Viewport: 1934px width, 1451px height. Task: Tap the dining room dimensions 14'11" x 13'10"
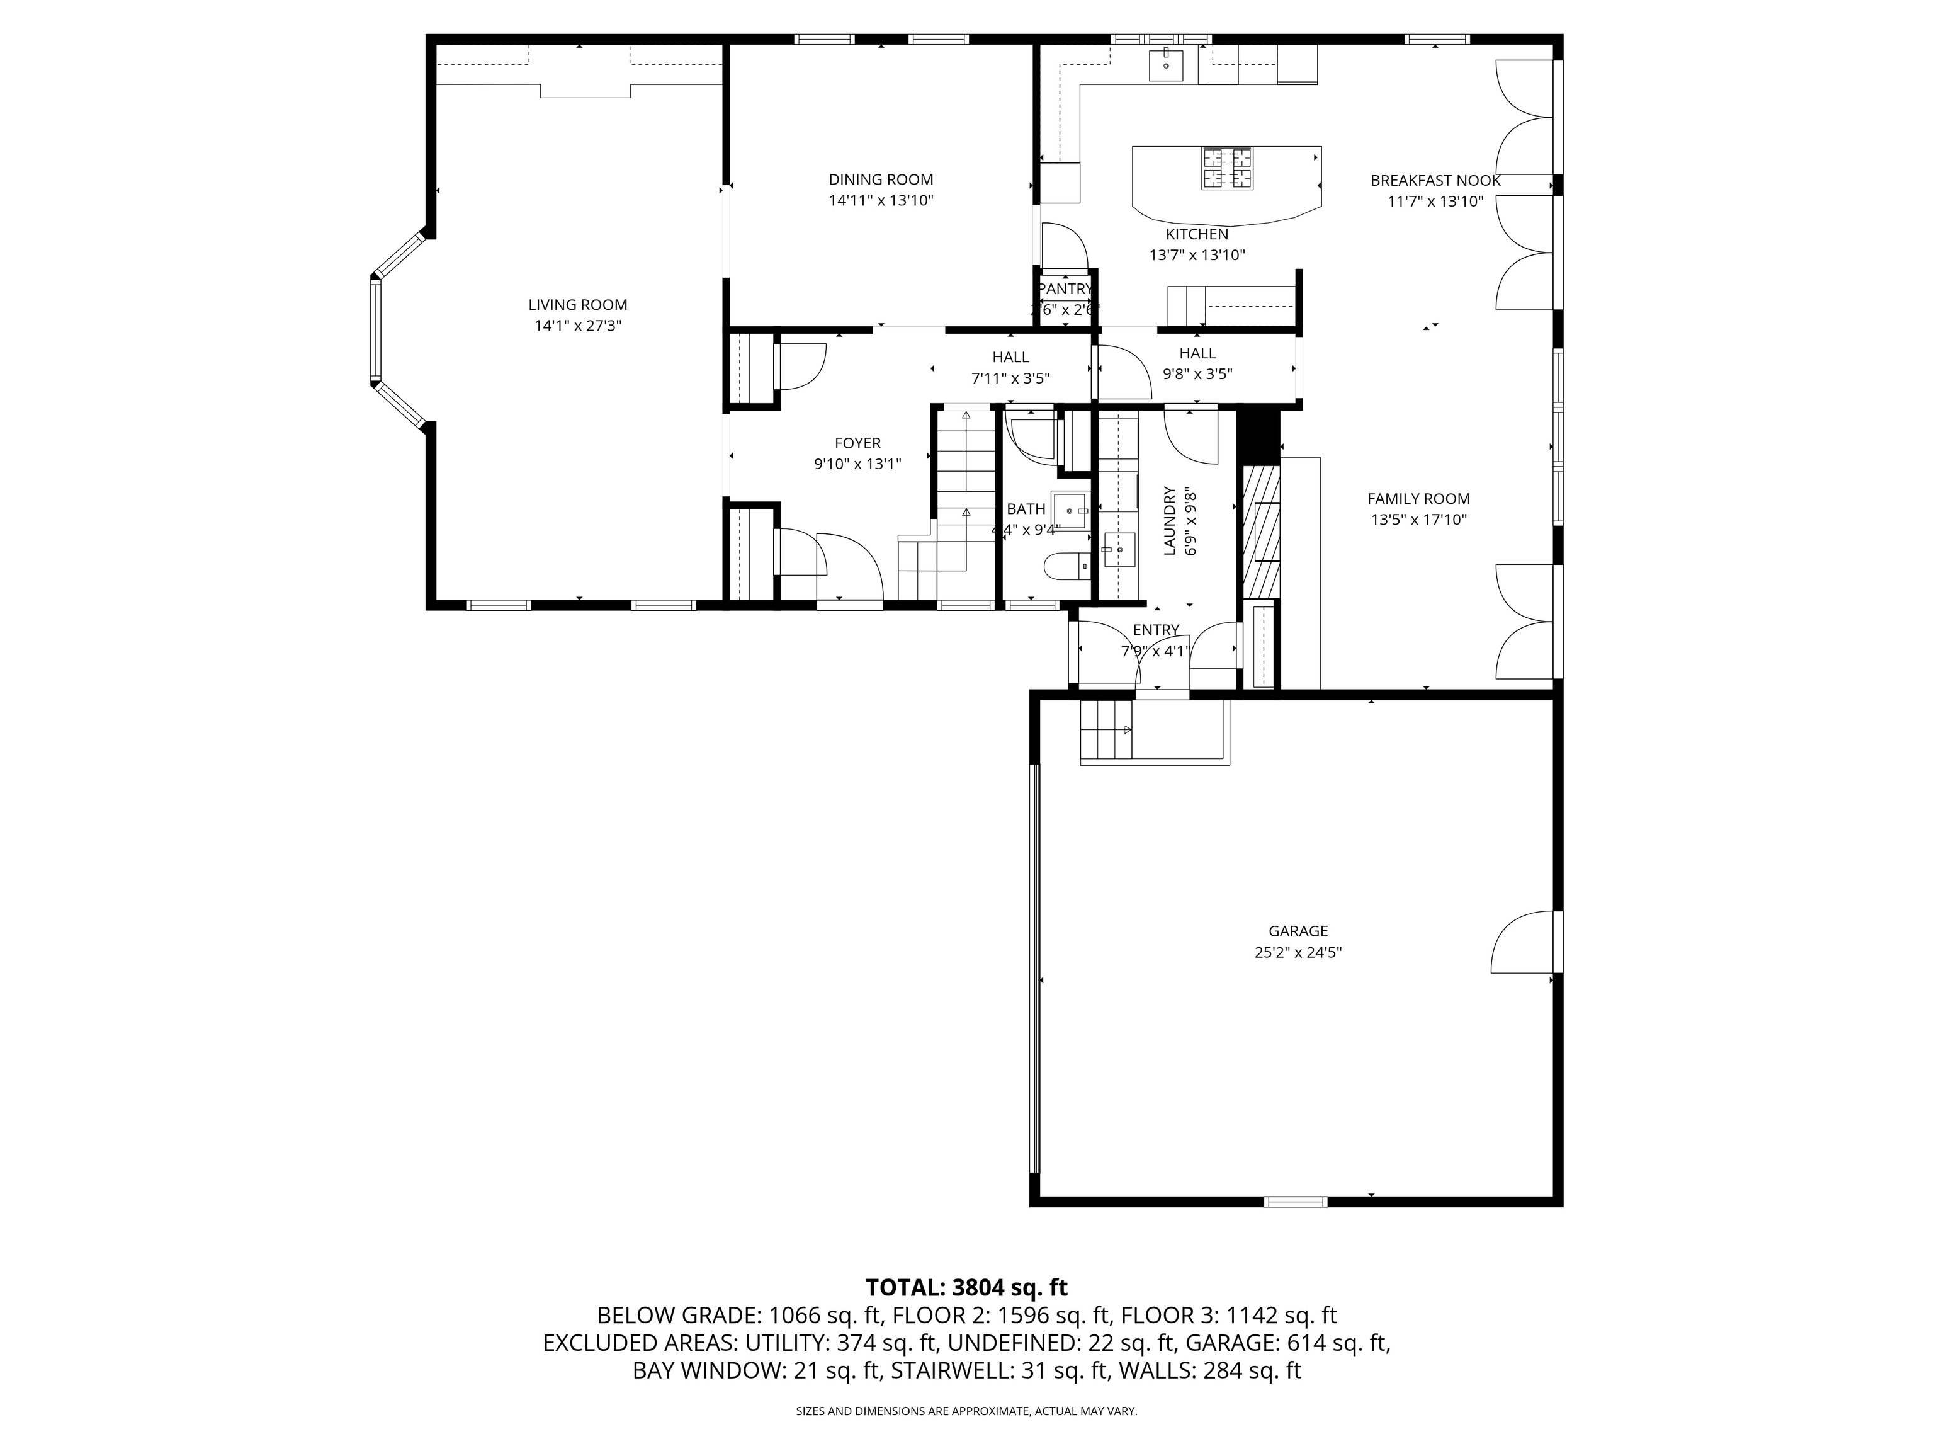(x=881, y=200)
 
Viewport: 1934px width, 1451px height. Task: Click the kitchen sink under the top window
(x=1165, y=65)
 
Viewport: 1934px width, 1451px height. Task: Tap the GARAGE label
(x=1298, y=931)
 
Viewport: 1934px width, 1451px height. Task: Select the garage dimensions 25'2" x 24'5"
(x=1298, y=952)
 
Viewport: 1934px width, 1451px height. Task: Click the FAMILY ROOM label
(x=1418, y=499)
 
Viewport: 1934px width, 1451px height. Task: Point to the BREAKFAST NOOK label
(x=1435, y=181)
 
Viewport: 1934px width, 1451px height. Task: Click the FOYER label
(x=857, y=443)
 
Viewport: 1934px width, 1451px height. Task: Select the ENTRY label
(x=1155, y=630)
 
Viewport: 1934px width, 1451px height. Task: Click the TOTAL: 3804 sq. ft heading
(x=966, y=1287)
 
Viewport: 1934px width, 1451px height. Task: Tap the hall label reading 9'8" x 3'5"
(x=1197, y=374)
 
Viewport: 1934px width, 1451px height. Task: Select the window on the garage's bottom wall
(x=1296, y=1202)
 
